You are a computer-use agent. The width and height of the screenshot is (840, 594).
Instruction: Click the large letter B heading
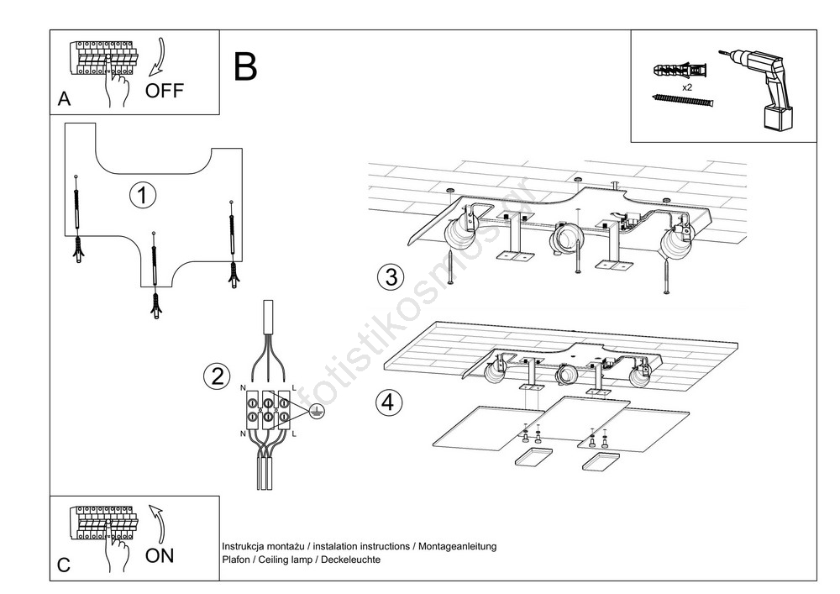point(245,66)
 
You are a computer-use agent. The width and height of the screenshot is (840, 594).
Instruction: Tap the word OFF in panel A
point(164,91)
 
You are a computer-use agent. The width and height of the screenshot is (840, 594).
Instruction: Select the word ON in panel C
point(160,555)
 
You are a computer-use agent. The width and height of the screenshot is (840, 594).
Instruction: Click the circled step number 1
point(143,195)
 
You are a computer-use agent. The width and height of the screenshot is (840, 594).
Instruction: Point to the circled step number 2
point(217,376)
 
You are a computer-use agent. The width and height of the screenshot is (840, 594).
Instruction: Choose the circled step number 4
point(388,402)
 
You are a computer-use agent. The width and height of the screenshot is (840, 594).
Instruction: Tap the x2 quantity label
point(687,87)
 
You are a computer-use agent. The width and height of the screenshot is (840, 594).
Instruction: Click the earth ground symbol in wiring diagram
point(316,410)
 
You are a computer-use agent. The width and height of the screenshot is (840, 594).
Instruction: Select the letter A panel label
point(64,100)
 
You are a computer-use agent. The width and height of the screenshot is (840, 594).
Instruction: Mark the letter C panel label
point(64,565)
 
